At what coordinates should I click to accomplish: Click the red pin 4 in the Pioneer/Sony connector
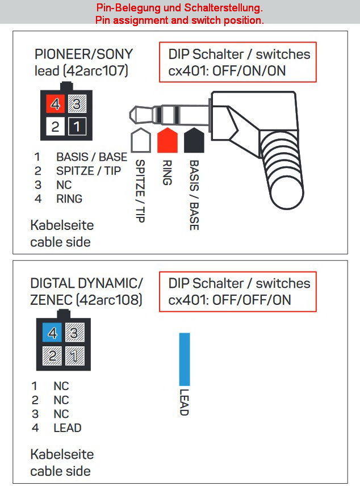[x=55, y=104]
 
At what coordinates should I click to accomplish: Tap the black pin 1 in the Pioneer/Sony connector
[x=76, y=125]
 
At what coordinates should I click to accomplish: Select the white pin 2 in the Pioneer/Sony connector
[x=55, y=125]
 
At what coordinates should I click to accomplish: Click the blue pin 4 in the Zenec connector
[x=53, y=333]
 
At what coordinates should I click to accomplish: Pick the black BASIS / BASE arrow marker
[x=194, y=140]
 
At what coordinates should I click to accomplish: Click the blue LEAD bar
[x=185, y=359]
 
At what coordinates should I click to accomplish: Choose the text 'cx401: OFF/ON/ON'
[x=227, y=71]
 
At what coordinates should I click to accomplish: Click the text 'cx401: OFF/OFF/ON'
[x=229, y=300]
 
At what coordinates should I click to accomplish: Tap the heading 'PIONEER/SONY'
[x=83, y=55]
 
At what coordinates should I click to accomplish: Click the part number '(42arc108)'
[x=111, y=299]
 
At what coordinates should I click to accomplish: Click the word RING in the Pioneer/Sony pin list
[x=69, y=199]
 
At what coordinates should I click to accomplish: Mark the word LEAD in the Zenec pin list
[x=67, y=428]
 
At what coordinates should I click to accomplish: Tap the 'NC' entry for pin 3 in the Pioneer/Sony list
[x=64, y=185]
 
